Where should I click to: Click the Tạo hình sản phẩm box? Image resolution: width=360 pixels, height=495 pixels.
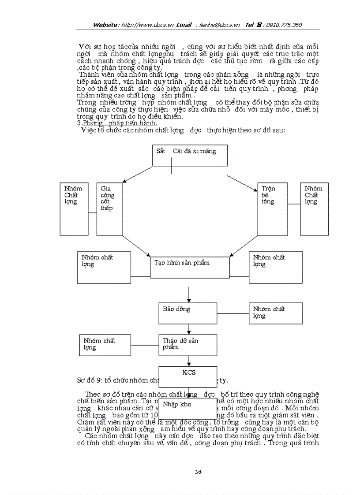[190, 267]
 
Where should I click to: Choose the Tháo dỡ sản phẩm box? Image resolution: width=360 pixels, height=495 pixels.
[188, 345]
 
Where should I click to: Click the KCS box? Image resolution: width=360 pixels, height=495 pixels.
[188, 376]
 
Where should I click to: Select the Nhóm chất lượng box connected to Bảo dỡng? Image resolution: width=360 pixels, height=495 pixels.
[276, 313]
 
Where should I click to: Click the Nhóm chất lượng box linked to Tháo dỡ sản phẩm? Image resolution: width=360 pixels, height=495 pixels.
[103, 345]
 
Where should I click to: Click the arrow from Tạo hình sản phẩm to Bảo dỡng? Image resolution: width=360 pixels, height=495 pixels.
[189, 294]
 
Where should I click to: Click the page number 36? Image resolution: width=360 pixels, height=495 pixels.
[198, 472]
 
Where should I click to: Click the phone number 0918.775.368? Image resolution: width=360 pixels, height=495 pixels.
[283, 25]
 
